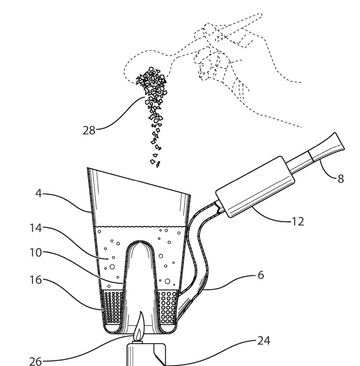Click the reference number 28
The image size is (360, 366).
89,130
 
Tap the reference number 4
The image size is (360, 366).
39,193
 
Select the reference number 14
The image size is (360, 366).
36,228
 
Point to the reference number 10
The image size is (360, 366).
36,253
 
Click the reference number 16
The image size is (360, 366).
36,279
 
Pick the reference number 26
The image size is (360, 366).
36,361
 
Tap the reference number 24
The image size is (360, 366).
264,341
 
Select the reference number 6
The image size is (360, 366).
261,275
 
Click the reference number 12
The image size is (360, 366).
298,221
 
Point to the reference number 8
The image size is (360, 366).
340,179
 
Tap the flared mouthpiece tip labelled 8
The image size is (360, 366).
327,147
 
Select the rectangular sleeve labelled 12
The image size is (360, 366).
255,187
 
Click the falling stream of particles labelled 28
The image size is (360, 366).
153,110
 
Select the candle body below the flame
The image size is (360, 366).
146,354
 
